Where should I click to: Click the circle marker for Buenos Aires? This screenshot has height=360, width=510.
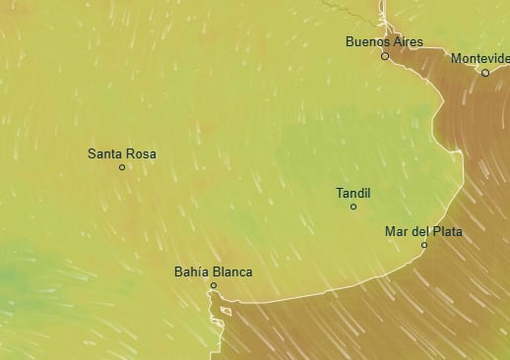click(385, 56)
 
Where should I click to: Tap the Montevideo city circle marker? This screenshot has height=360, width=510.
click(485, 73)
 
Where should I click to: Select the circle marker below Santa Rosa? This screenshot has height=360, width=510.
click(122, 167)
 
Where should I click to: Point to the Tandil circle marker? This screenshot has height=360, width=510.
click(353, 207)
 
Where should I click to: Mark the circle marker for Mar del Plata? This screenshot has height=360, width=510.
click(424, 245)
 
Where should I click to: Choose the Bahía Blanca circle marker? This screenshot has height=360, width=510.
click(213, 286)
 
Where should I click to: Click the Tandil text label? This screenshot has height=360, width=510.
click(353, 193)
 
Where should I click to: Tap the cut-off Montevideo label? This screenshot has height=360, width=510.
click(480, 58)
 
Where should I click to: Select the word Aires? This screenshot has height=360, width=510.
click(407, 41)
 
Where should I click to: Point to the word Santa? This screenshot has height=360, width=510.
click(105, 153)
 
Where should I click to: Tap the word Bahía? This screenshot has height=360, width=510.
click(191, 271)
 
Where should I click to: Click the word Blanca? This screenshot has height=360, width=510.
click(232, 271)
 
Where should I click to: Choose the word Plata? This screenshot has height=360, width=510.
click(444, 231)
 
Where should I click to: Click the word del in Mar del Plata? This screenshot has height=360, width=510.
click(417, 231)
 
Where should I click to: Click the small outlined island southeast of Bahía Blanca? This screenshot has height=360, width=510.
click(225, 311)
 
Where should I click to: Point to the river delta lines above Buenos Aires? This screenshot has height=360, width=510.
click(381, 14)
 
